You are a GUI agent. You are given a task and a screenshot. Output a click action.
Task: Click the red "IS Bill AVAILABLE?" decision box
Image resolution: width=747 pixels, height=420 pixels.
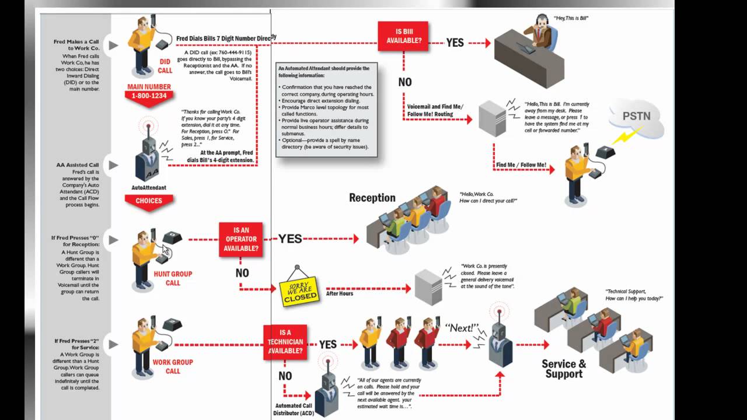[403, 36]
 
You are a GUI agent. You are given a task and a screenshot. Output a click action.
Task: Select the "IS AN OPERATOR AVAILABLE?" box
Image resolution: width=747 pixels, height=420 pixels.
[241, 239]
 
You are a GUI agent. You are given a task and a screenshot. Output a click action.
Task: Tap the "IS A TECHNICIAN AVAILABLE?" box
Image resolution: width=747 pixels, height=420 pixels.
[286, 342]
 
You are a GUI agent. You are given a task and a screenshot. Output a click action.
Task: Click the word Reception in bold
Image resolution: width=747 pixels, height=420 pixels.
[372, 198]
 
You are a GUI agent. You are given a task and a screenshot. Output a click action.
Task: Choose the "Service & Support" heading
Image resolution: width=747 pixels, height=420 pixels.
[564, 369]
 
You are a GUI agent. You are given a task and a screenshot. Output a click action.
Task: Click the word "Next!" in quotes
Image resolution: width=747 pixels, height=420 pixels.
[462, 328]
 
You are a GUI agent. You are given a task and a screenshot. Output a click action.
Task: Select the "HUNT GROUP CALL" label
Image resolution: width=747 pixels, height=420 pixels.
[173, 278]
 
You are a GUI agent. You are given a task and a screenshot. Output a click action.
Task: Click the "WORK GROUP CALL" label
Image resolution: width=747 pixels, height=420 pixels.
[173, 366]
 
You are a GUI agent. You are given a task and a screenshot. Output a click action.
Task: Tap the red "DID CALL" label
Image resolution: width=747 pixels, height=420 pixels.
[165, 66]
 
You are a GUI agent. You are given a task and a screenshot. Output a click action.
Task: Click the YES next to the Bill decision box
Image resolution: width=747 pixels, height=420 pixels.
[455, 43]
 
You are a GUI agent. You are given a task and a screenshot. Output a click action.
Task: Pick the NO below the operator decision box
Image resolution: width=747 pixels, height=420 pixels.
[242, 272]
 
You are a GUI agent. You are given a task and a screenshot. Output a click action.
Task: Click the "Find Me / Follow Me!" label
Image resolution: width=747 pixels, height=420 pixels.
[521, 165]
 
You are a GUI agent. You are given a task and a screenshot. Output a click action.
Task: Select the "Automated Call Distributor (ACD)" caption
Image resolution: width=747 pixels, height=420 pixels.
[294, 409]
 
